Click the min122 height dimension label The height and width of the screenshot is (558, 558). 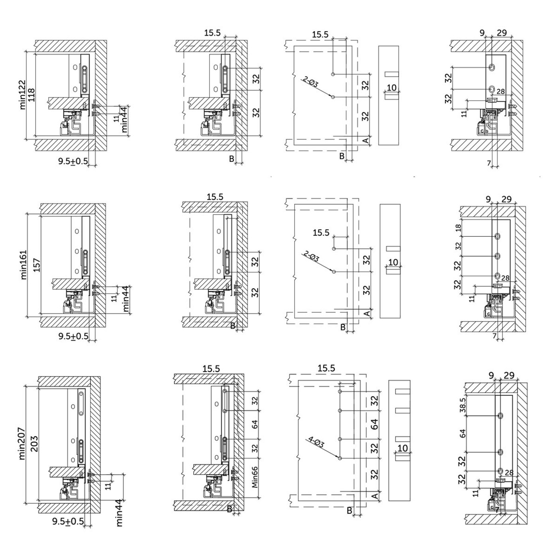[22, 94]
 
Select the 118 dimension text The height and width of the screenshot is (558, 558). [32, 95]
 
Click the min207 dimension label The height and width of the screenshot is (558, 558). [22, 443]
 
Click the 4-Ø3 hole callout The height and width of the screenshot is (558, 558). [316, 442]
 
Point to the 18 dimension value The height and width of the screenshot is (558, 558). [458, 228]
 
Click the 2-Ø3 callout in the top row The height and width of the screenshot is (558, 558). [310, 82]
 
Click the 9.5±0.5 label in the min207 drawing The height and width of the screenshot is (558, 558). [68, 521]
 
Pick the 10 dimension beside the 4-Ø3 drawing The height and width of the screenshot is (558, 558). [403, 448]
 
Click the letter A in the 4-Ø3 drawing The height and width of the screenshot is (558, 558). [374, 496]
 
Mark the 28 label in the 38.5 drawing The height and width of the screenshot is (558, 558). [509, 473]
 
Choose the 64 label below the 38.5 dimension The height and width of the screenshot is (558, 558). [463, 434]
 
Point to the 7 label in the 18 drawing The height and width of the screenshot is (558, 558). [494, 336]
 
